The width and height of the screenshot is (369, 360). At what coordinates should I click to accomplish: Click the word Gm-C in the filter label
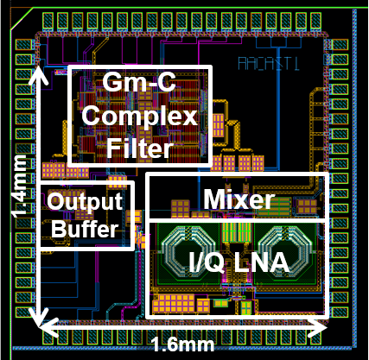(139, 82)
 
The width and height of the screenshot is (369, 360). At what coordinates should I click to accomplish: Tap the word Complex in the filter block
(140, 117)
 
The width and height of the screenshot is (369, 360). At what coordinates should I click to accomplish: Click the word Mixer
(239, 199)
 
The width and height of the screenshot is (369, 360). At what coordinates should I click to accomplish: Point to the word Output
(85, 202)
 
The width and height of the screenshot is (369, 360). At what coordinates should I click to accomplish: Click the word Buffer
(85, 229)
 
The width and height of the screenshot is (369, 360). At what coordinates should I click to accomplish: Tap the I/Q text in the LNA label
(207, 262)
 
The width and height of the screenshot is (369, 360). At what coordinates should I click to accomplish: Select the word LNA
(261, 262)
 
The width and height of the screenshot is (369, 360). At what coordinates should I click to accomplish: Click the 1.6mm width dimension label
(182, 344)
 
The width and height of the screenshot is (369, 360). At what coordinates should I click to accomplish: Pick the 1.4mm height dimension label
(20, 186)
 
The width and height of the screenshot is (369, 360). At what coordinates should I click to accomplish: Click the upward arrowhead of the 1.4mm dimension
(37, 75)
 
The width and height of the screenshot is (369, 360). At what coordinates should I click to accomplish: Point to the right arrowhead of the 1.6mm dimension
(318, 327)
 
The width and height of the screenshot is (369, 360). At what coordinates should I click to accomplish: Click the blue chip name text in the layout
(269, 63)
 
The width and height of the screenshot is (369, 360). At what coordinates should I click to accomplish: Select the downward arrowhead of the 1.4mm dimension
(39, 318)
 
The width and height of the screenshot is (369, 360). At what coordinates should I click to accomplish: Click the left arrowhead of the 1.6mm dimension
(49, 327)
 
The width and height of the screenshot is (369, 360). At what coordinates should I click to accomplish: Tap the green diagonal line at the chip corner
(22, 19)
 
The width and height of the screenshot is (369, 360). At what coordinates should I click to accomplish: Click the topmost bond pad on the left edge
(23, 45)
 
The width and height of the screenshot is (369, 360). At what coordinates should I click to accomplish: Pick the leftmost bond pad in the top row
(48, 21)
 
